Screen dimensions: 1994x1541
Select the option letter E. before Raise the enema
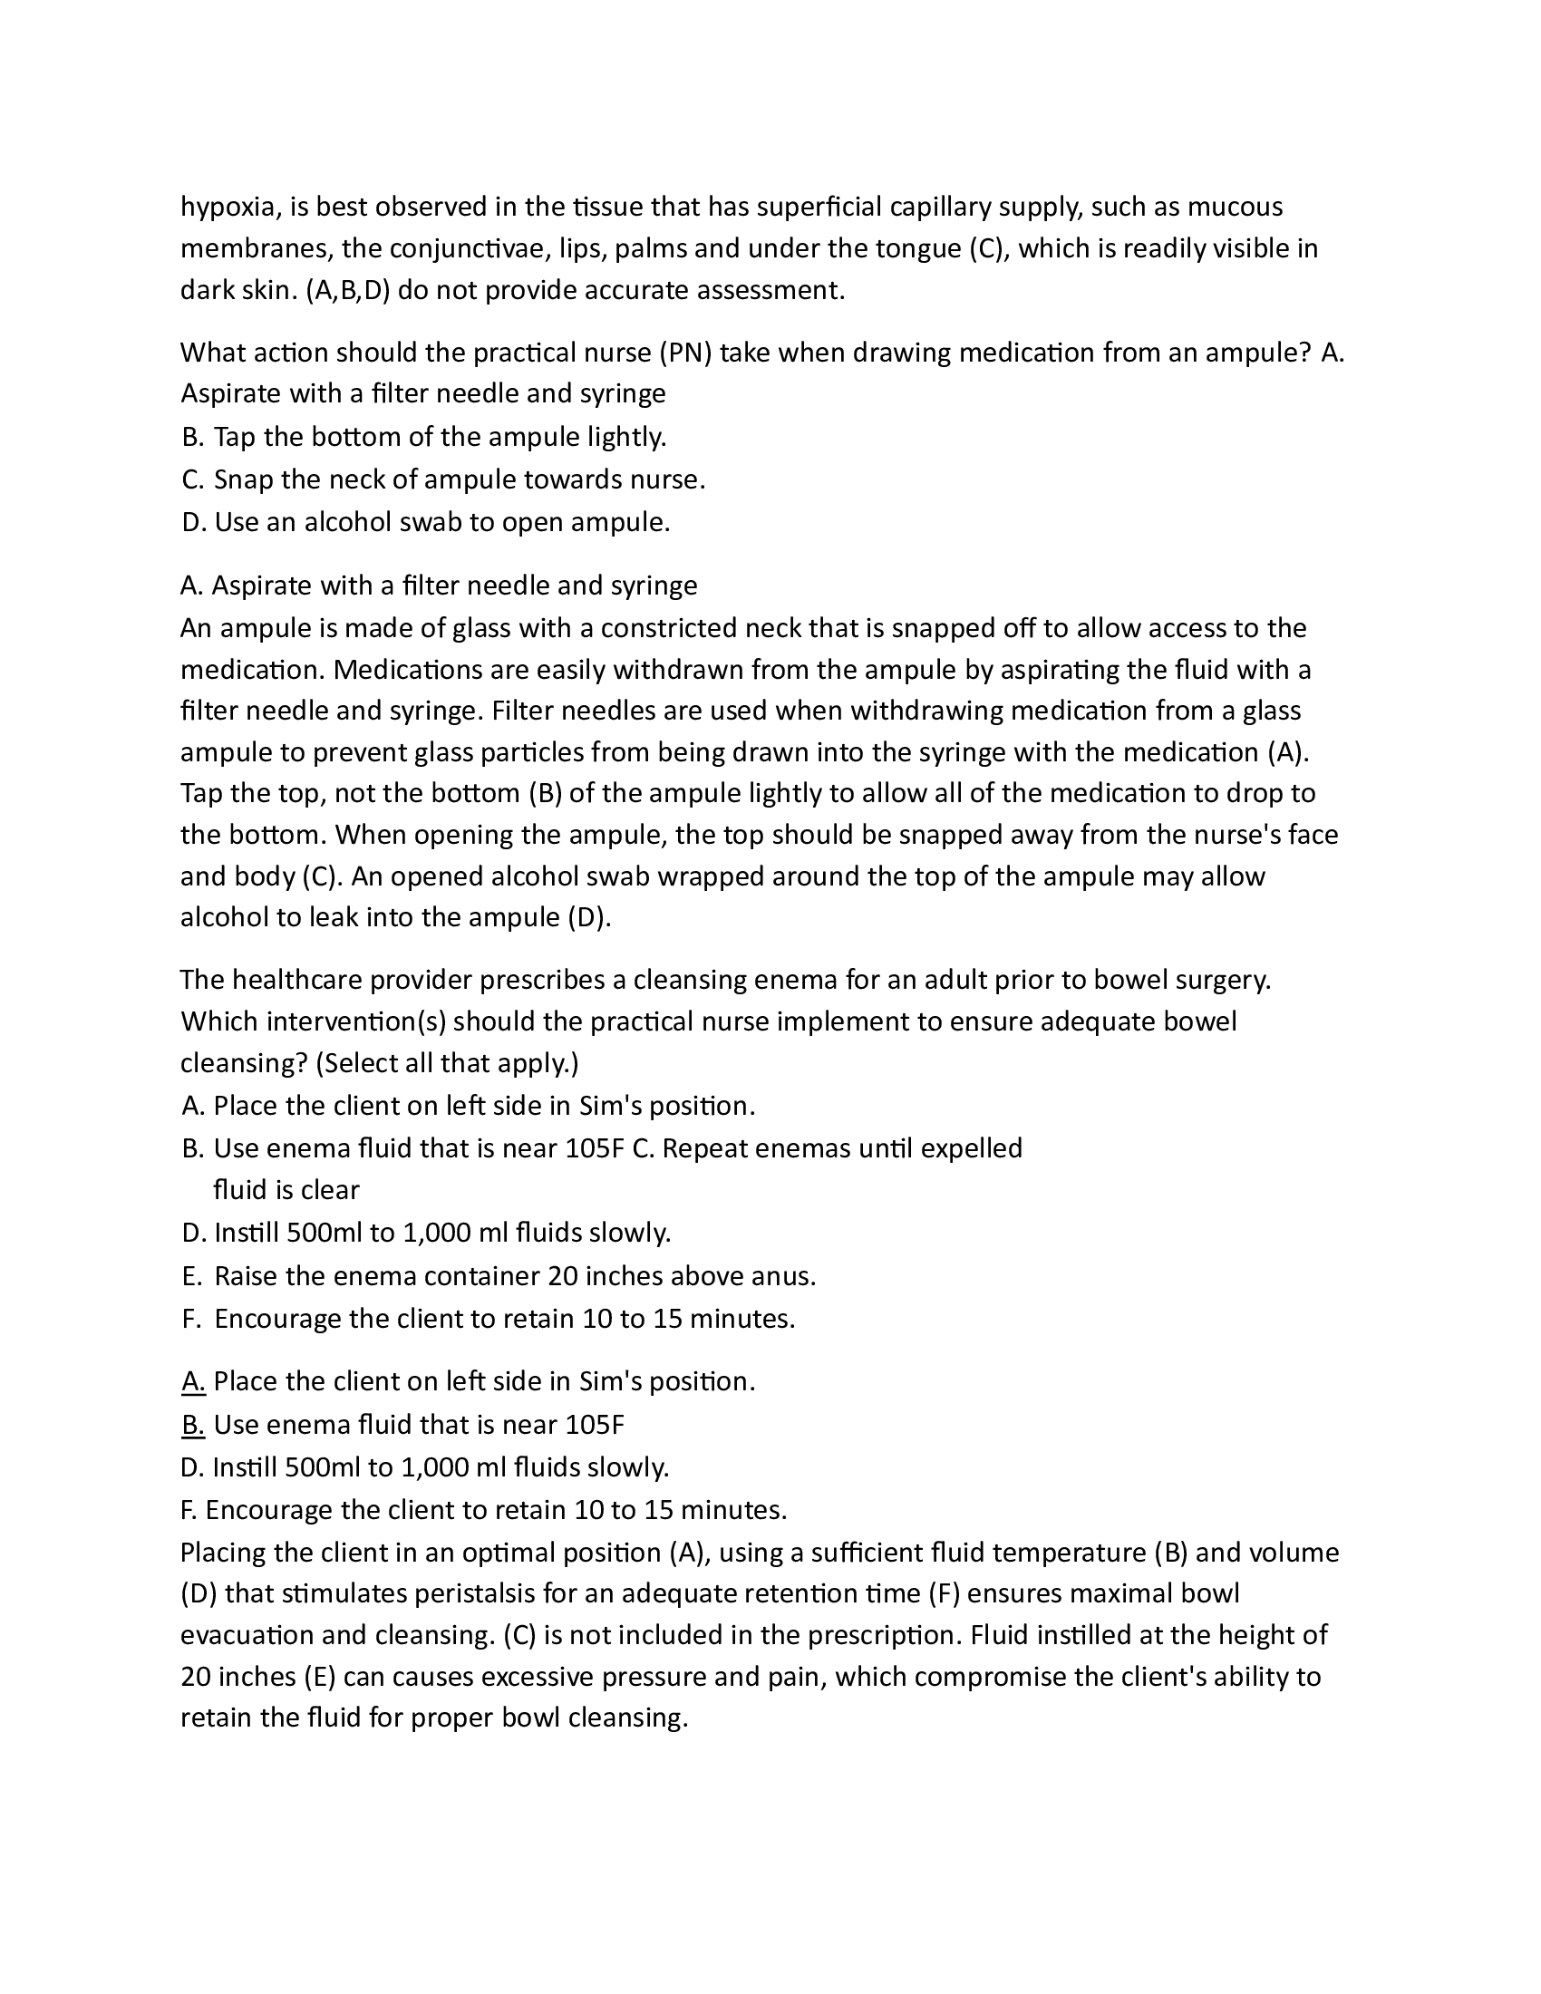[191, 1276]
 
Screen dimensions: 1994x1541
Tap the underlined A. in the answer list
[192, 1381]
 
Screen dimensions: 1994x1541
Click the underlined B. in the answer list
[192, 1424]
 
